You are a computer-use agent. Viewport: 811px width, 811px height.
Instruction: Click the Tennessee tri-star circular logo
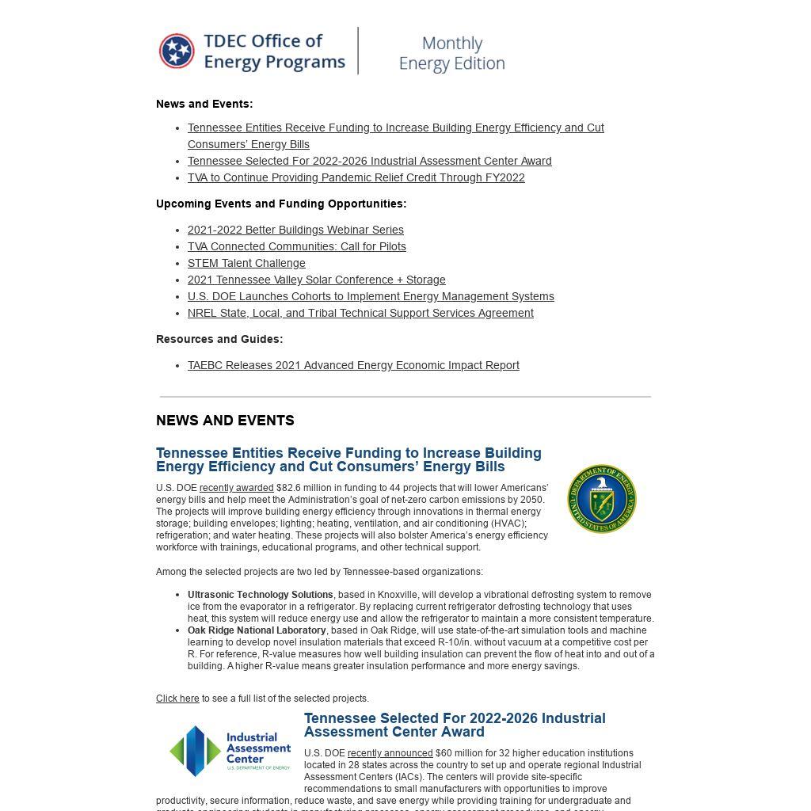(177, 51)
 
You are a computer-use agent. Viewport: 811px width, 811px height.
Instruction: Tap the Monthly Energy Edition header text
(451, 53)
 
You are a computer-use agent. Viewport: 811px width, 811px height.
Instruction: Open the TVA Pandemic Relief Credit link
(356, 177)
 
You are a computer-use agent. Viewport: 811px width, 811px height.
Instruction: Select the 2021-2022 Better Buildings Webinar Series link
(295, 230)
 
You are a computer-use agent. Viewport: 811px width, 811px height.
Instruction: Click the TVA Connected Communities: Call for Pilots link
(296, 246)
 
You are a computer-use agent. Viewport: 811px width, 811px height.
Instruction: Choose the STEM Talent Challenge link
(246, 263)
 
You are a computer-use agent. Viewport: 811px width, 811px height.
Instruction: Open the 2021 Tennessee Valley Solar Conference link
(316, 280)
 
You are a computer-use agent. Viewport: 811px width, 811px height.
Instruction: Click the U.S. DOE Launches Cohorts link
(371, 296)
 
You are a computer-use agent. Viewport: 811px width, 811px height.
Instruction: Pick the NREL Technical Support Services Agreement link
(360, 313)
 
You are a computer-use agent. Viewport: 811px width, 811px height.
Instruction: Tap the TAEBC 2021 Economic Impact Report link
(353, 365)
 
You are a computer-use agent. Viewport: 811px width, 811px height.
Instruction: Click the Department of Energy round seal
(602, 499)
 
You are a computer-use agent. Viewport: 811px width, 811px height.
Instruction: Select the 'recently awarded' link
(236, 488)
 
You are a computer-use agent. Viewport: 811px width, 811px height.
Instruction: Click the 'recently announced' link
(390, 753)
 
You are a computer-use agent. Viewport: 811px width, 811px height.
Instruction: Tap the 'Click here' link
(177, 699)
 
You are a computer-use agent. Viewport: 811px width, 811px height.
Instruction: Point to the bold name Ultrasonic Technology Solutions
(260, 595)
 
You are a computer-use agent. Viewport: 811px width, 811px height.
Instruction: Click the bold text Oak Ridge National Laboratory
(257, 630)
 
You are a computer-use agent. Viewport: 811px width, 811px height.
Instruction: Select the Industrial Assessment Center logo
(230, 750)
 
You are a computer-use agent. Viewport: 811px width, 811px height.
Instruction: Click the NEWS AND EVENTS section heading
(225, 421)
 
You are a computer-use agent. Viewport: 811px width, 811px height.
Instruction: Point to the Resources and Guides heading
(219, 339)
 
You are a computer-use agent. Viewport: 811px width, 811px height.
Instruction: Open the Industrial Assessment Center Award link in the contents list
(369, 161)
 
